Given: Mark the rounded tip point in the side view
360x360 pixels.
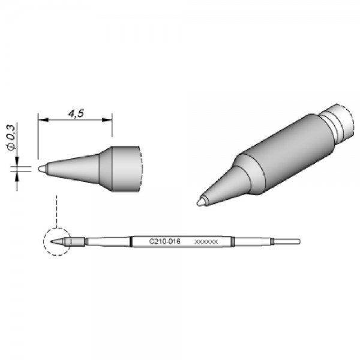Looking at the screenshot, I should [40, 169].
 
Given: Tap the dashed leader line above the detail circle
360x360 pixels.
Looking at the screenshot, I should [55, 210].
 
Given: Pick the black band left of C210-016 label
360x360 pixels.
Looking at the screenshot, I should [131, 241].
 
